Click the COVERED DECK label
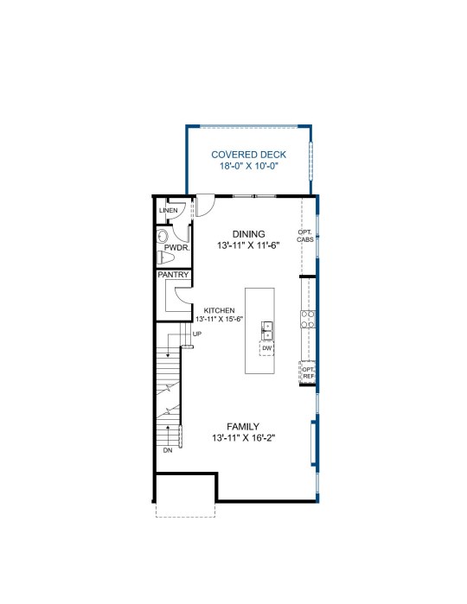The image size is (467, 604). (249, 155)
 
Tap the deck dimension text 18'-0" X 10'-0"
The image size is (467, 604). (249, 166)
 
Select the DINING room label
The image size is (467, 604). (249, 234)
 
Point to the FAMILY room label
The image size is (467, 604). (243, 426)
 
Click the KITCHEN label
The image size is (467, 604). (219, 310)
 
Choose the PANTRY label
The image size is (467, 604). (173, 275)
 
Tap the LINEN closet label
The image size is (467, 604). (169, 210)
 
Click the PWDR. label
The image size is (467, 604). (177, 248)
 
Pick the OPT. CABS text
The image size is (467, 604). (305, 236)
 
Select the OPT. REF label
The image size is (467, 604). (309, 372)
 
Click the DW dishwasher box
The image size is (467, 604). (267, 348)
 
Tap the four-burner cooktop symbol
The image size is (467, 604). (308, 320)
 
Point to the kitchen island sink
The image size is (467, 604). (267, 331)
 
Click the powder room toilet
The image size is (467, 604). (166, 257)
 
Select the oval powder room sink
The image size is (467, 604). (163, 236)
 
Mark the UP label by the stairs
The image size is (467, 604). (197, 334)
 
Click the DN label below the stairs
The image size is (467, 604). (168, 450)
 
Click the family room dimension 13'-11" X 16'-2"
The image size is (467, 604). (243, 438)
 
